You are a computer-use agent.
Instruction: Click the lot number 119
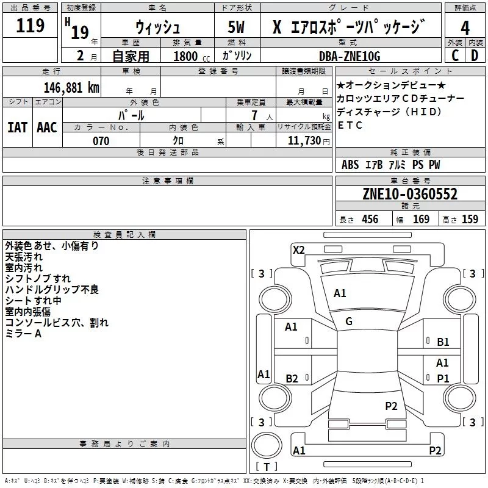[x=31, y=26]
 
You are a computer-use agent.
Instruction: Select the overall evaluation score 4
[x=465, y=28]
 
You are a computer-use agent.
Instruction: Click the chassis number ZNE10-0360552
[x=410, y=195]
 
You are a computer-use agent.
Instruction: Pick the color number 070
[x=101, y=142]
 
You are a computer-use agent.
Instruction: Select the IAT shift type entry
[x=17, y=127]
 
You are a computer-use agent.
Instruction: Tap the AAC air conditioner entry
[x=47, y=127]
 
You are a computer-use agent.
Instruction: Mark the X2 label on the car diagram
[x=299, y=249]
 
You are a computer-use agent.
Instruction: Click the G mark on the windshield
[x=349, y=321]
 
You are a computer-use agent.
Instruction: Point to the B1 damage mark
[x=443, y=342]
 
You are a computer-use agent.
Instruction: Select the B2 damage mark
[x=292, y=379]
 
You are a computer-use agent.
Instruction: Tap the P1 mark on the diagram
[x=443, y=379]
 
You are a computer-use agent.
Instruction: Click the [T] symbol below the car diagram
[x=267, y=467]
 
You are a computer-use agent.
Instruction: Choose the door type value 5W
[x=237, y=28]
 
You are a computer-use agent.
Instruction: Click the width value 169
[x=422, y=220]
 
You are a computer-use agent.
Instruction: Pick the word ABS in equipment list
[x=350, y=165]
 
